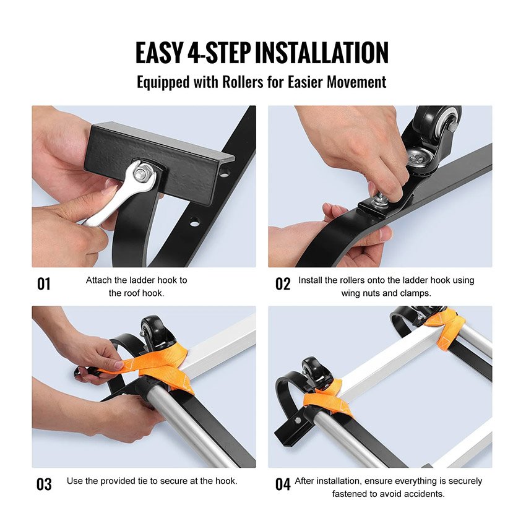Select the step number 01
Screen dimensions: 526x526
43,284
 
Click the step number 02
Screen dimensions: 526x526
283,284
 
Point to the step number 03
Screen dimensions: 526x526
44,485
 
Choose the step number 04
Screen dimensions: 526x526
283,485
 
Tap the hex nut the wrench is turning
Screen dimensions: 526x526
140,174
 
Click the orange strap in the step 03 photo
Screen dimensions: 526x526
158,366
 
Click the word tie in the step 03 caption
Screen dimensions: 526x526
143,481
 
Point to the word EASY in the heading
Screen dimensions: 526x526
158,53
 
